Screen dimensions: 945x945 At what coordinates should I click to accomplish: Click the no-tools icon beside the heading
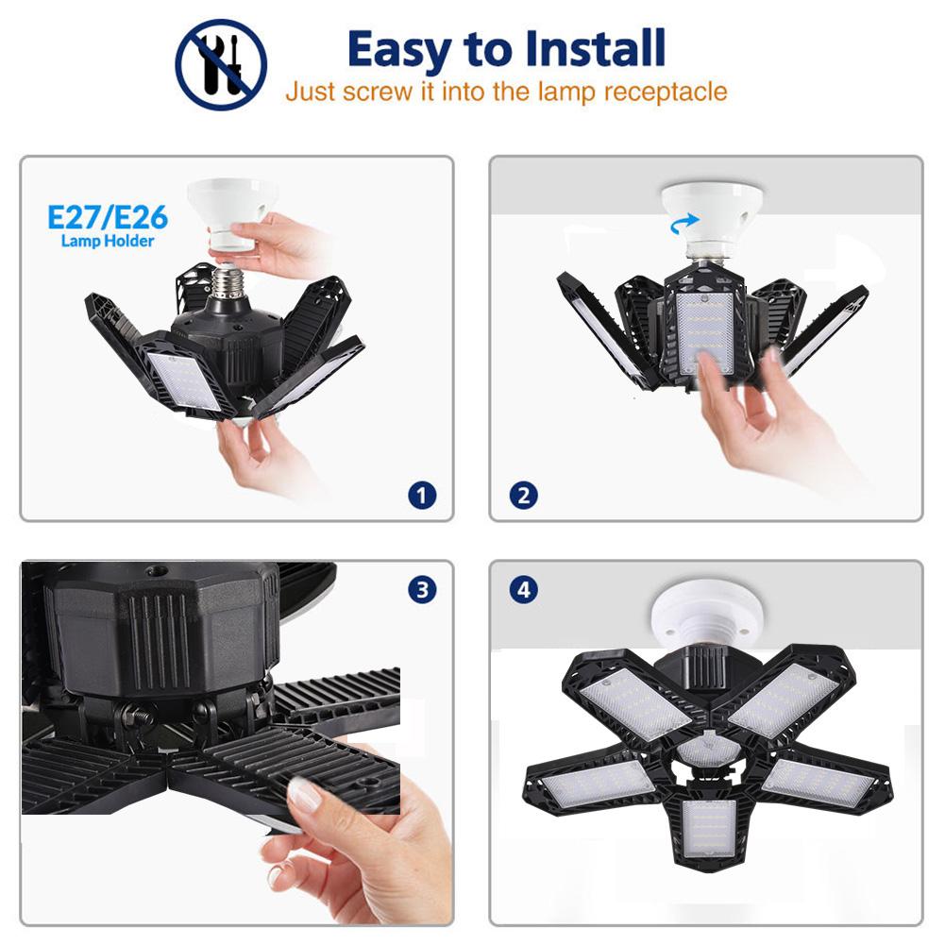221,63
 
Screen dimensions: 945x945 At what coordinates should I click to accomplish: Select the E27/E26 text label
108,218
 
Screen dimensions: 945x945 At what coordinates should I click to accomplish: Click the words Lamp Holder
108,242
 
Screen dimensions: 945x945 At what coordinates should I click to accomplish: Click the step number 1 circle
422,494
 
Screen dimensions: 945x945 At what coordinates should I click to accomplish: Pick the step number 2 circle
523,494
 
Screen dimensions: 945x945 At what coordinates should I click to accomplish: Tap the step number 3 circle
422,591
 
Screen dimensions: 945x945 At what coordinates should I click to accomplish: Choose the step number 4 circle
523,591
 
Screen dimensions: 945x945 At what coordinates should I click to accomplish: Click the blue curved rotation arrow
682,224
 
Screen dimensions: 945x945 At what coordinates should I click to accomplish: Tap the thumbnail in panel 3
304,795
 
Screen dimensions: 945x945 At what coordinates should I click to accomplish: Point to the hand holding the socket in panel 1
278,244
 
